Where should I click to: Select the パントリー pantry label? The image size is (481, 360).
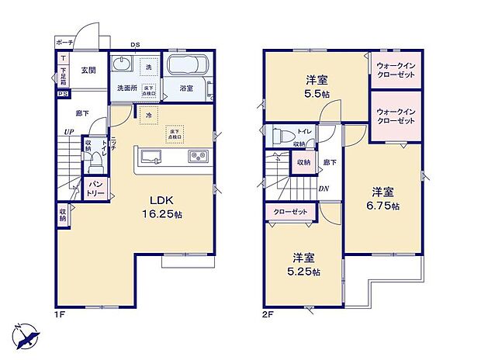95,189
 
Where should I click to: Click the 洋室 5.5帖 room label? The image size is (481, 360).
314,85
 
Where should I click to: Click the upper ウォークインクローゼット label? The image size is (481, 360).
396,70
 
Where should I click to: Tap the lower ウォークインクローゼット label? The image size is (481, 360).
396,117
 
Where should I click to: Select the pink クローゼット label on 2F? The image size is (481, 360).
289,210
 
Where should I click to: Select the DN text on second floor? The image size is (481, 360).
323,188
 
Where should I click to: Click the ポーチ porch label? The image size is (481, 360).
65,43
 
